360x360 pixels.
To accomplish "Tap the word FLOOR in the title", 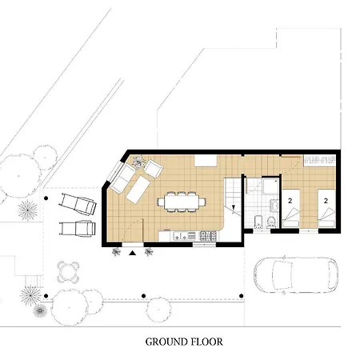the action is [207, 342].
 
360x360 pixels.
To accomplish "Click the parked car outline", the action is [296, 275].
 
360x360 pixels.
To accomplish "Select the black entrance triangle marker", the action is [133, 253].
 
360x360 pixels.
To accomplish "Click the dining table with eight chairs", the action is [182, 202].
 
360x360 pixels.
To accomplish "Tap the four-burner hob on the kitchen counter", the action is [208, 236].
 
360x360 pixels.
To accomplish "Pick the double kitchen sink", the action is [181, 236].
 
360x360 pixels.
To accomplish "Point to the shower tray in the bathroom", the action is [270, 186].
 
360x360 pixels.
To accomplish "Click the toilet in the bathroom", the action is [271, 222].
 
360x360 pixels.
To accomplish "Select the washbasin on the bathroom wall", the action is [274, 206].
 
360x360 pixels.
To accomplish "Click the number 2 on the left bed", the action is [290, 201].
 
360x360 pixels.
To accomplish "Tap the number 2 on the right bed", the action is [326, 201].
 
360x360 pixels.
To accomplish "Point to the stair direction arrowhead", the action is [234, 207].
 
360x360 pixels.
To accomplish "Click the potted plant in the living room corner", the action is [138, 162].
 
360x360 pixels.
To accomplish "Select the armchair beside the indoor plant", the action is [154, 168].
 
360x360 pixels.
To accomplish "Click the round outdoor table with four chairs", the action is [68, 272].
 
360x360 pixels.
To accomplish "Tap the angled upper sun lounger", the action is [78, 204].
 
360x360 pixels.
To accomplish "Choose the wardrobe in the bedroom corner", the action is [320, 161].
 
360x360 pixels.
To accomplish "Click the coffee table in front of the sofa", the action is [138, 190].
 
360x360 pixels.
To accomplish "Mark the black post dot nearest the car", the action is [242, 296].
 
